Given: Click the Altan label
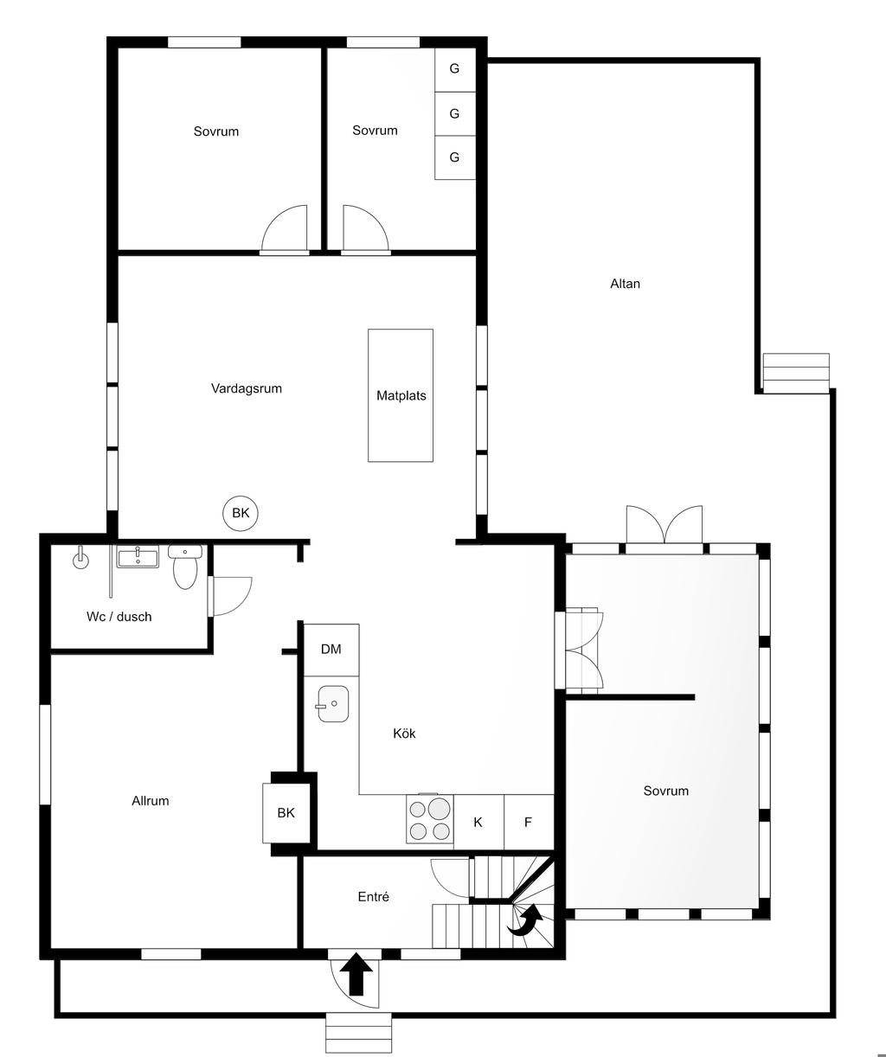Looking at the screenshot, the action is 625,284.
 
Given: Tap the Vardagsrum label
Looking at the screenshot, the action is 246,388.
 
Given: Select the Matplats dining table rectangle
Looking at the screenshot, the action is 401,394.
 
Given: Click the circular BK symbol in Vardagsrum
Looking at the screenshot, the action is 241,513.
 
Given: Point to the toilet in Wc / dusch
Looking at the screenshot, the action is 185,567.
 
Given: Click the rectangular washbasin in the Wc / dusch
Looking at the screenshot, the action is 138,557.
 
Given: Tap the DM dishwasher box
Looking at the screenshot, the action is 331,649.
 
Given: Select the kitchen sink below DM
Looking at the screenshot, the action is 333,703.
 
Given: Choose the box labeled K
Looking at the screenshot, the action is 478,822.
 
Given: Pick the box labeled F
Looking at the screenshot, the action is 529,822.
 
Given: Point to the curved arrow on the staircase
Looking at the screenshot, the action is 527,921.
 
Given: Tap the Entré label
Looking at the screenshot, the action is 373,897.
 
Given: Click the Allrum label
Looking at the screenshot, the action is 150,801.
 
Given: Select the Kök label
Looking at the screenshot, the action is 404,733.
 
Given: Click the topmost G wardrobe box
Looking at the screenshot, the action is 454,70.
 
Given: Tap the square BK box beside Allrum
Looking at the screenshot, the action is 286,813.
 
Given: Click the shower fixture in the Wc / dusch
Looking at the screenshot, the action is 80,558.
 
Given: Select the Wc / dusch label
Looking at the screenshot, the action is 119,617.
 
